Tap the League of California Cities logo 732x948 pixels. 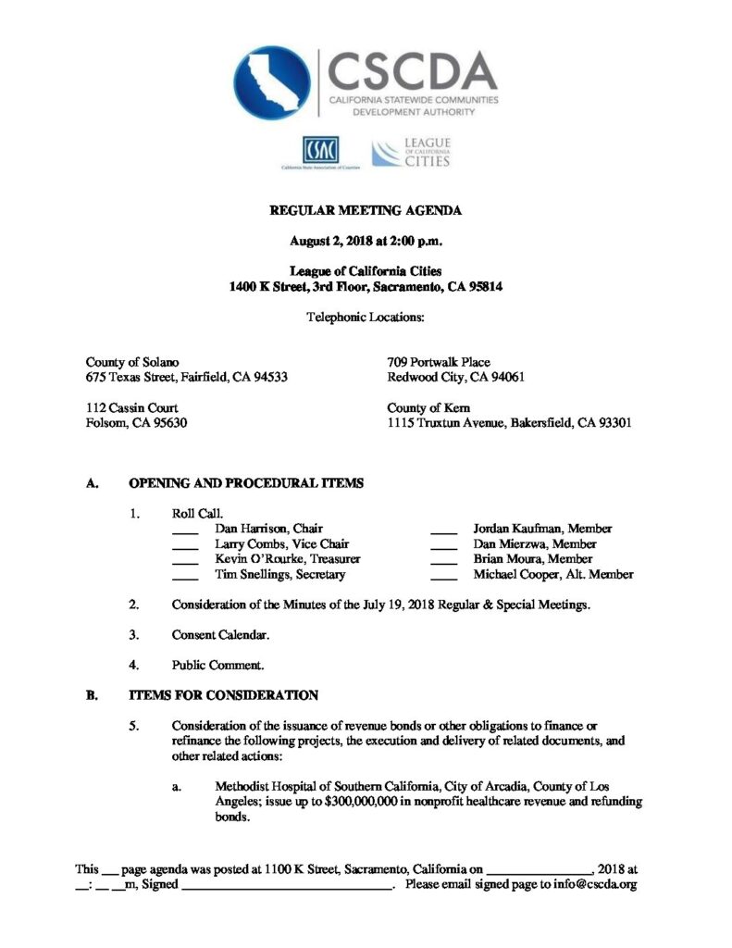411,152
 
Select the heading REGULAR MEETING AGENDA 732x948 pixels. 366,211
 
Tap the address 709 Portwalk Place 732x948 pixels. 439,362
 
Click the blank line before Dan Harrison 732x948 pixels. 185,531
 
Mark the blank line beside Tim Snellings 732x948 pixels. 185,577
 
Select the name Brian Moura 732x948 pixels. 505,559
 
